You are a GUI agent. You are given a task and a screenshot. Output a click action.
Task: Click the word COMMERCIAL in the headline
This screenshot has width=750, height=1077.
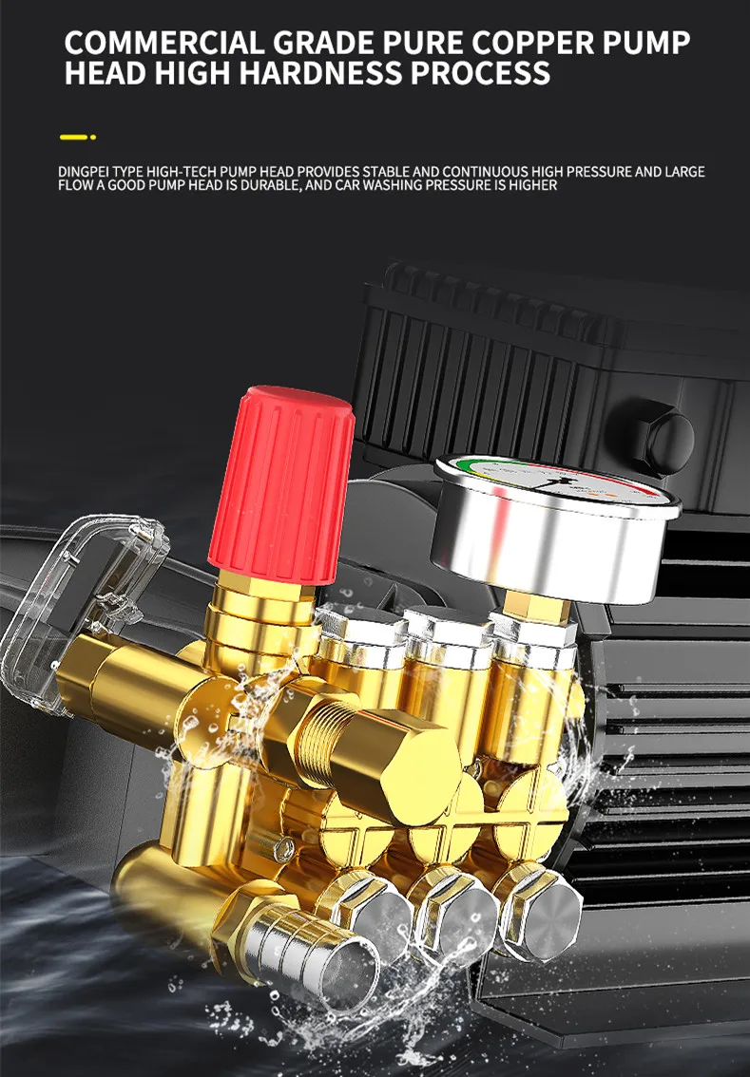pyautogui.click(x=164, y=43)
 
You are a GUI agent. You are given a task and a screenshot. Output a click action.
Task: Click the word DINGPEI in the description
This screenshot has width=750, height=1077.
pyautogui.click(x=84, y=172)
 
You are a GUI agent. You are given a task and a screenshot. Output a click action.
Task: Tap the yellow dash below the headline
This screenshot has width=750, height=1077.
pyautogui.click(x=73, y=138)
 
